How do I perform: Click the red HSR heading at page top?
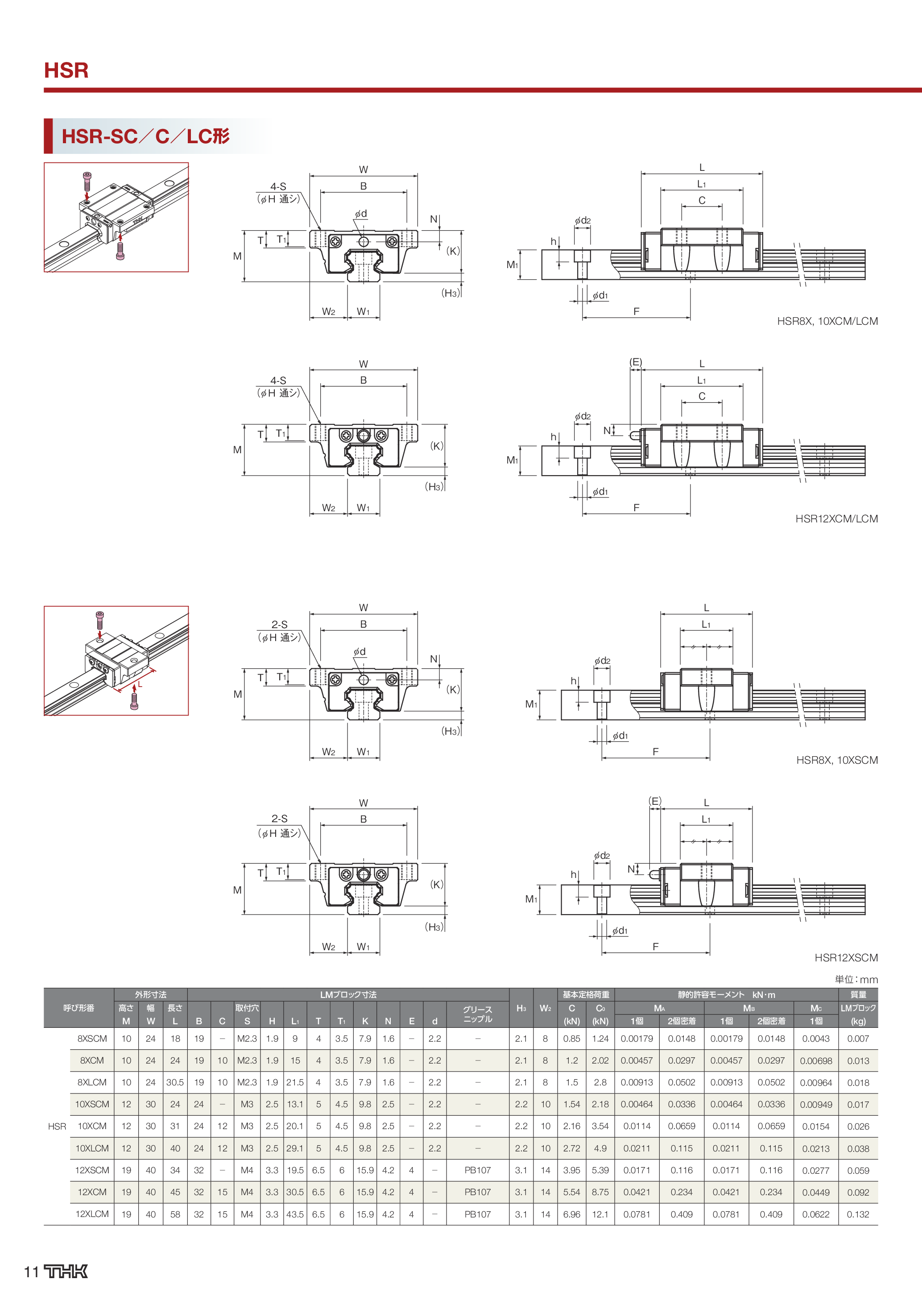coord(66,70)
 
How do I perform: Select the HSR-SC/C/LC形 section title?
coord(145,137)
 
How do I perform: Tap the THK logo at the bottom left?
coord(66,1271)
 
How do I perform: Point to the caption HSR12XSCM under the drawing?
coord(846,957)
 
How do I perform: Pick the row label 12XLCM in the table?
coord(92,1214)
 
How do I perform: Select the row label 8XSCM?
coord(92,1038)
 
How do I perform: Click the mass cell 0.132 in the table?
coord(858,1214)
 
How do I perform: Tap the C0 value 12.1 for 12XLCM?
coord(600,1214)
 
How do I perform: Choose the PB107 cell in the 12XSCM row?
coord(477,1170)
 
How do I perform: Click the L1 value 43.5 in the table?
coord(295,1214)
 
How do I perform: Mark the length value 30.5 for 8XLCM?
coord(175,1082)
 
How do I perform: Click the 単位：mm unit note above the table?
coord(856,979)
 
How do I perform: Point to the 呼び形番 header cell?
coord(79,1007)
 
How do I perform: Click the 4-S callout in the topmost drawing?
coord(278,186)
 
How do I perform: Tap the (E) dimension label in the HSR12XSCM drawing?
coord(655,801)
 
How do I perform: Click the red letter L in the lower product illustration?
coord(140,684)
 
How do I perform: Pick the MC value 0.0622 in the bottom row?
coord(816,1214)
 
